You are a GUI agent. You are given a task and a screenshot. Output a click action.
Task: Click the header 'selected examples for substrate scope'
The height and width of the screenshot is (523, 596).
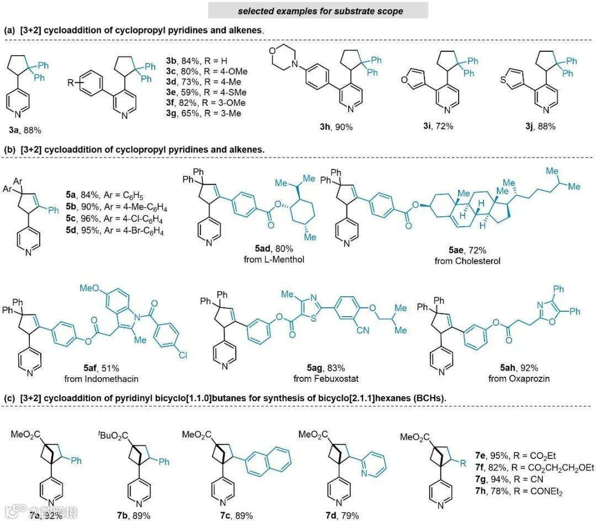pos(317,10)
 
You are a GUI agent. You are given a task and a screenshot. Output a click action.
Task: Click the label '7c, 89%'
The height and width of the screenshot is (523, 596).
pos(235,516)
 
